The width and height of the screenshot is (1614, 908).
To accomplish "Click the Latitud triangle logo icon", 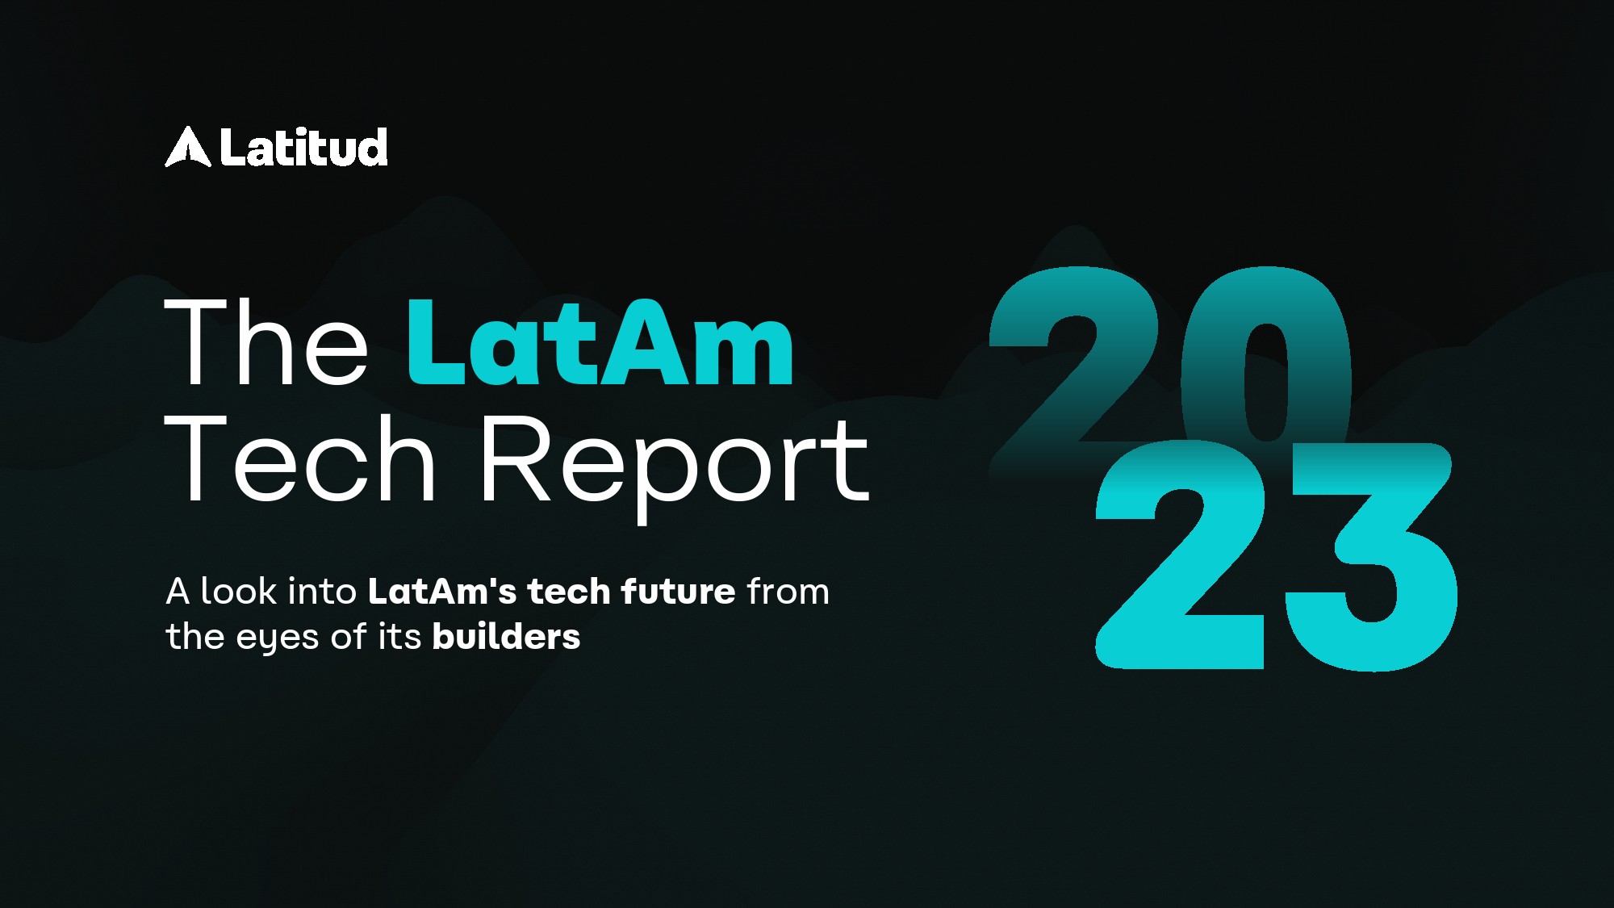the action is tap(188, 148).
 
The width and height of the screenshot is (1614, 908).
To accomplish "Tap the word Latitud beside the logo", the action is tap(304, 148).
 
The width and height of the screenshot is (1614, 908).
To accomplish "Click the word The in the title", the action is tap(266, 341).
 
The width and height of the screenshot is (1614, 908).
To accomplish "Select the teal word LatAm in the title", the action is tap(600, 341).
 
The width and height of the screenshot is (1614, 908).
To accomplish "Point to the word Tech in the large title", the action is tap(301, 458).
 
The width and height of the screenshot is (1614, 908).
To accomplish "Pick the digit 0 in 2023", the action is tap(1266, 356).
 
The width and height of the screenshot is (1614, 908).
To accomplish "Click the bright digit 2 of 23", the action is tap(1180, 554).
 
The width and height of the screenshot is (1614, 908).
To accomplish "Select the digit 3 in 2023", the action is tap(1372, 556).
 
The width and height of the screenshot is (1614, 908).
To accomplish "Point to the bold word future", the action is tap(678, 591).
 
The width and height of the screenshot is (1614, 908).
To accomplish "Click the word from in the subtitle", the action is tap(788, 591).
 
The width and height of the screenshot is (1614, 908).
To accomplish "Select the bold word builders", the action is tap(507, 636).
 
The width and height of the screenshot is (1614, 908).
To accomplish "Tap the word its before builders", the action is tap(399, 636).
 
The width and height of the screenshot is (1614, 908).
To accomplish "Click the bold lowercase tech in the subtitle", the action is tap(568, 591).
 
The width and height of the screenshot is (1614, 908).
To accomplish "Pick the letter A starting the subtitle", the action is tap(178, 591).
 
